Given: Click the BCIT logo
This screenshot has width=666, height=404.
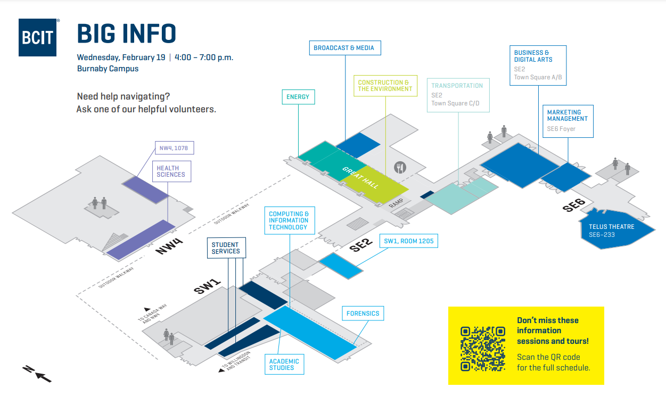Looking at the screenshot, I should tap(38, 37).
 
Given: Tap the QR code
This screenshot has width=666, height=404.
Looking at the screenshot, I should tap(483, 348).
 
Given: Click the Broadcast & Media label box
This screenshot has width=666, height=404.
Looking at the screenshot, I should tap(344, 48).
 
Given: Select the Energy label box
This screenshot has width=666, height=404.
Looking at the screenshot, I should tap(298, 97).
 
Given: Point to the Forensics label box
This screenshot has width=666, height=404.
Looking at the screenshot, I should tap(363, 314).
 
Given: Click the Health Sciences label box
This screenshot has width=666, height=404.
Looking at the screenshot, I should tap(171, 171).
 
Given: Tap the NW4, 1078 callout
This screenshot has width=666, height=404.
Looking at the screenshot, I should tap(174, 148).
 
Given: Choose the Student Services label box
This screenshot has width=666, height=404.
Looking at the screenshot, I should tap(226, 248).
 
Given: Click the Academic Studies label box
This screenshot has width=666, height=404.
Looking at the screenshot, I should tap(284, 365).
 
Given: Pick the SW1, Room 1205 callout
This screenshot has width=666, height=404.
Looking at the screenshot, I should tap(409, 241).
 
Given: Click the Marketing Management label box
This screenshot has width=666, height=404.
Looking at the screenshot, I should tap(568, 122).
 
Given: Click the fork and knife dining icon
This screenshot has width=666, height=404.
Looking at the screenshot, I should tap(400, 168).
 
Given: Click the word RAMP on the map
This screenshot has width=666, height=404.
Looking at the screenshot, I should tap(396, 203).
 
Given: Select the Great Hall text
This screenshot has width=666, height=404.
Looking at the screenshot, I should tap(360, 177).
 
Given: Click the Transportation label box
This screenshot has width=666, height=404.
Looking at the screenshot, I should tap(457, 94).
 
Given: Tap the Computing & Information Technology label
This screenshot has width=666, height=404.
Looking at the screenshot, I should tap(289, 221).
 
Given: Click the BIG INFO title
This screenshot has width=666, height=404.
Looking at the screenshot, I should tap(127, 34).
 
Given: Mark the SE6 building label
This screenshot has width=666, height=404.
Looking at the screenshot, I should tap(574, 205).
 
